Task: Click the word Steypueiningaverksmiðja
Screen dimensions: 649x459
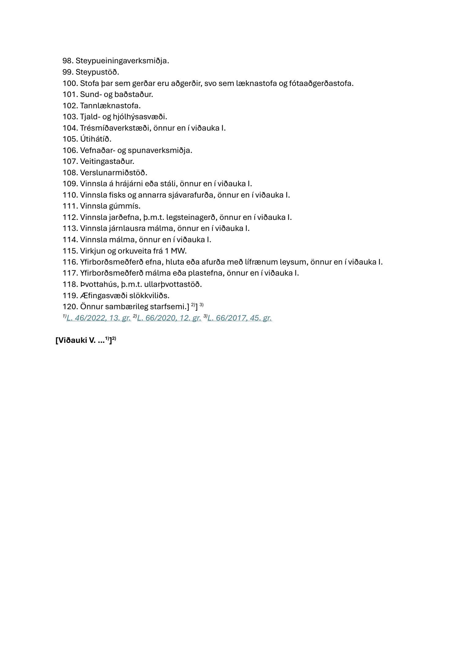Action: (x=122, y=61)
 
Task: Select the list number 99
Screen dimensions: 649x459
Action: (x=68, y=72)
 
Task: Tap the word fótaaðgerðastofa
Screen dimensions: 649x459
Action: (x=321, y=83)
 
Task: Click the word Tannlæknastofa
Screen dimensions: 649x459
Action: (x=110, y=106)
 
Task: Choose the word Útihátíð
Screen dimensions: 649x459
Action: (x=95, y=139)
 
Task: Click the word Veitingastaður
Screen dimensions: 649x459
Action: (x=107, y=161)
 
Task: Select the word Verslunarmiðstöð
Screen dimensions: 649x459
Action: (x=114, y=172)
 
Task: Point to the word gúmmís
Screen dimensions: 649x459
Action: (x=125, y=206)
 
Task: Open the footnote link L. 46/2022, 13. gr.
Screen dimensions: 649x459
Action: (x=99, y=318)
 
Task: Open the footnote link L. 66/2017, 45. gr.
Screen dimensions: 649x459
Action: (x=240, y=318)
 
